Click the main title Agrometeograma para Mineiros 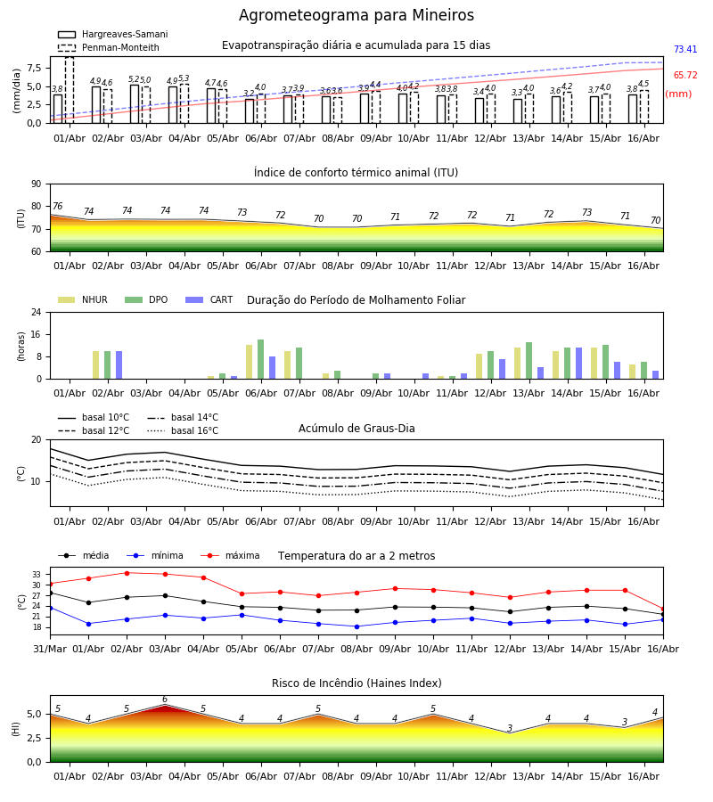tap(356, 15)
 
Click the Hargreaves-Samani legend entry tap(112, 34)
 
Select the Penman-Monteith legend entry tap(109, 47)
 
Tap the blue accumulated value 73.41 tap(685, 50)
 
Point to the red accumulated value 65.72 tap(685, 75)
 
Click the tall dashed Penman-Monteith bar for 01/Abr tap(70, 90)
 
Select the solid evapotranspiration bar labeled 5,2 tap(135, 104)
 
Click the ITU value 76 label tap(57, 206)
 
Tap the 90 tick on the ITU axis tap(37, 184)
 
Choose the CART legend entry tap(209, 299)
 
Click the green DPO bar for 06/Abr tap(261, 359)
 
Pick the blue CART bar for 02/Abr tap(119, 365)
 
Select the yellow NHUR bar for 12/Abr tap(479, 366)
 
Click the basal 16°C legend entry tap(183, 430)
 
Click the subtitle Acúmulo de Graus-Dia tap(356, 428)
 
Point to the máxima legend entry tap(231, 555)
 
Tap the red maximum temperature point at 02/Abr tap(127, 573)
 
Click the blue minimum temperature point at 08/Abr tap(357, 626)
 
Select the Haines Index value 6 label tap(165, 700)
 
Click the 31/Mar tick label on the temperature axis tap(50, 649)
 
